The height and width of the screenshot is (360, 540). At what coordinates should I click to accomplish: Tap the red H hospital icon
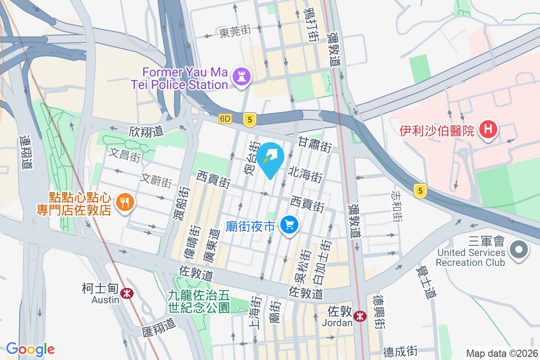coord(488,130)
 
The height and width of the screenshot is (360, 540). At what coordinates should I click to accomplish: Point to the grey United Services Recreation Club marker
coord(519,249)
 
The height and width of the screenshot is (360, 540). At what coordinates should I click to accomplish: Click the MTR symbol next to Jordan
coord(360,316)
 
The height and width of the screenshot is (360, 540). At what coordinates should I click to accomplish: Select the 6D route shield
coord(225,119)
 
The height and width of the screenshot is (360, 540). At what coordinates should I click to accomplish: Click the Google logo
coord(30,349)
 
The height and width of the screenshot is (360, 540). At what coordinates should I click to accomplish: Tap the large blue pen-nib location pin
coord(271,157)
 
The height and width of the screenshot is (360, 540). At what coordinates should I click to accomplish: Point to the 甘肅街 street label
coord(315,144)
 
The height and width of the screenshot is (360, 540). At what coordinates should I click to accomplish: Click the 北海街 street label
coord(306,174)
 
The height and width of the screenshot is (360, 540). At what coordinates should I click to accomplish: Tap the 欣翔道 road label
coord(145,131)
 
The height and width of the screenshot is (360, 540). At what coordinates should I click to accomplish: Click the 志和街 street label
coord(396,206)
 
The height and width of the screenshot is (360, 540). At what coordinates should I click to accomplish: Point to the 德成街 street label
coord(400,350)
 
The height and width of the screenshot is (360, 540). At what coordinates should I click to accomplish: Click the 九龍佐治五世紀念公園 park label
coord(198,301)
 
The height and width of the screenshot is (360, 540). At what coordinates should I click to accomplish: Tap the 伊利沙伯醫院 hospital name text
coord(437,131)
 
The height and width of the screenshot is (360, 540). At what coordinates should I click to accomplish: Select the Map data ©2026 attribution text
coord(502,353)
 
